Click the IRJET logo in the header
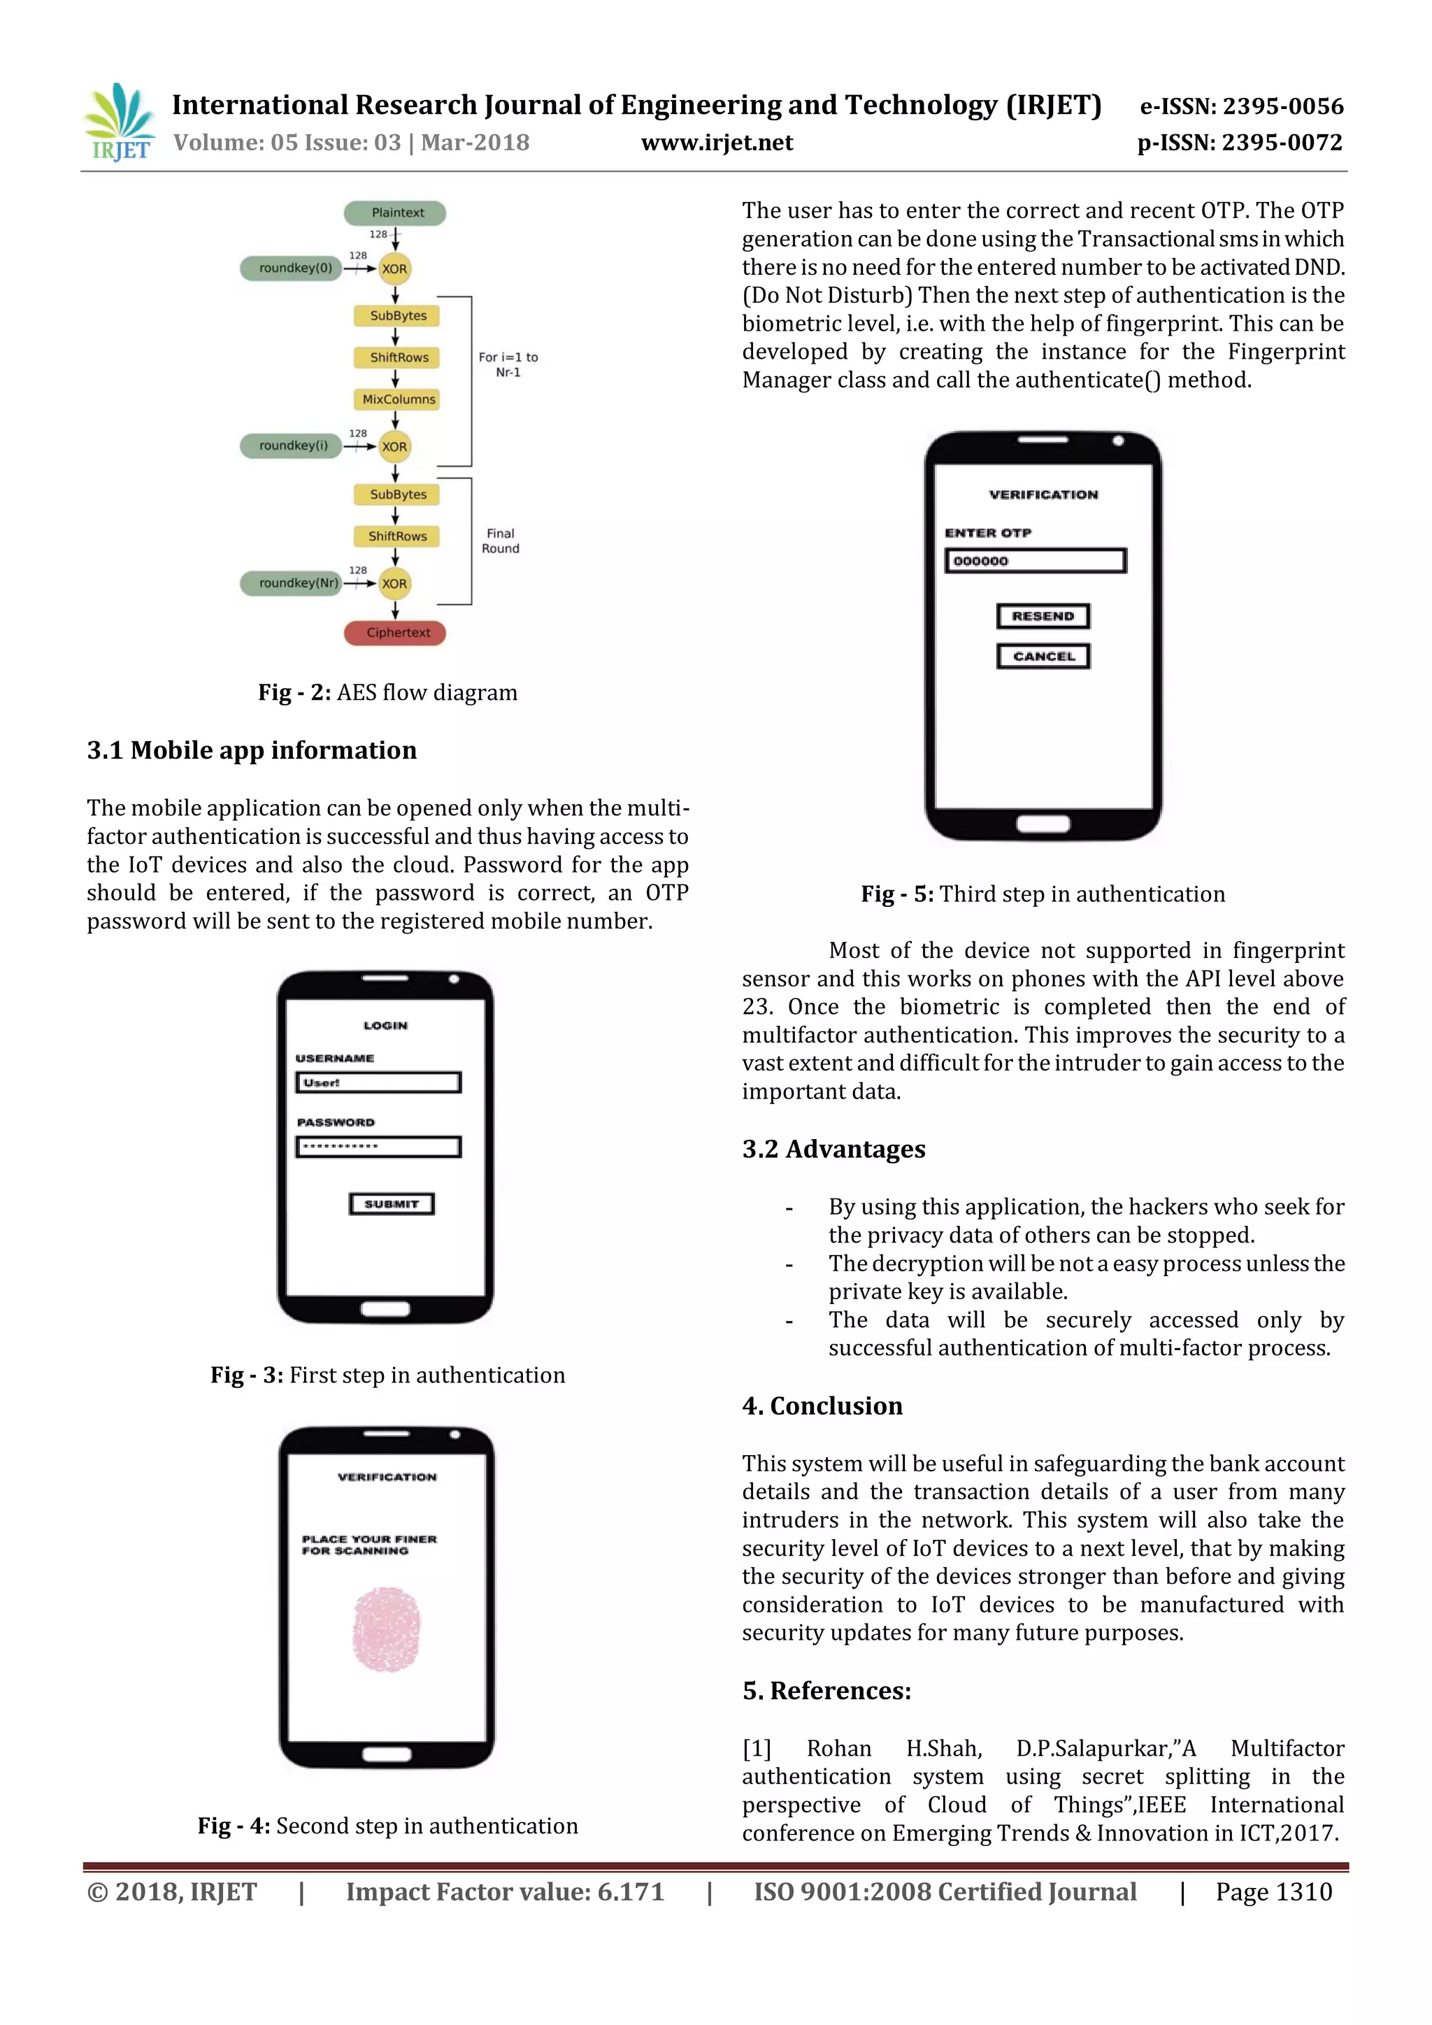(119, 122)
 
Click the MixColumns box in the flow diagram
(398, 399)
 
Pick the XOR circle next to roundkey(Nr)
(394, 583)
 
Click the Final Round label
(500, 541)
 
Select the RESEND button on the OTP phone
(1043, 615)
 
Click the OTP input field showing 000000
(1036, 561)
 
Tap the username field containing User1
(378, 1082)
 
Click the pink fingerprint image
(386, 1630)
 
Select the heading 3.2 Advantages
(833, 1150)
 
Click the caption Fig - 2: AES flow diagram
(387, 692)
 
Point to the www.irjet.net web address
(717, 143)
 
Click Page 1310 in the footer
(1273, 1892)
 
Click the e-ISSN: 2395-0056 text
(1242, 107)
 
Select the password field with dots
(378, 1147)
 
